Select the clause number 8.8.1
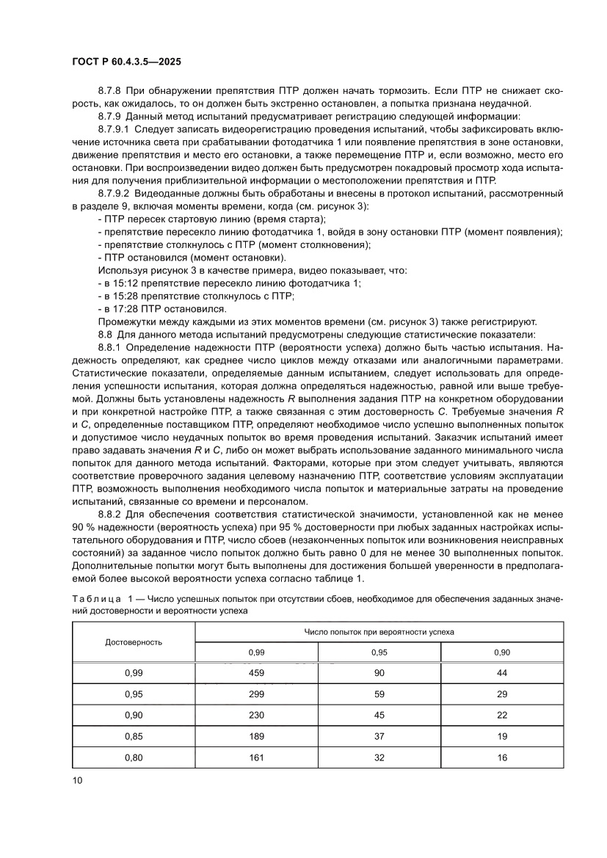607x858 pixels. coord(112,347)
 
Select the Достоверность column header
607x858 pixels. coord(134,641)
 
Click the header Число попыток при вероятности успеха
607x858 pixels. coord(379,630)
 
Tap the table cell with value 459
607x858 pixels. coord(256,672)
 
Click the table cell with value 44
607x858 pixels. coord(502,672)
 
